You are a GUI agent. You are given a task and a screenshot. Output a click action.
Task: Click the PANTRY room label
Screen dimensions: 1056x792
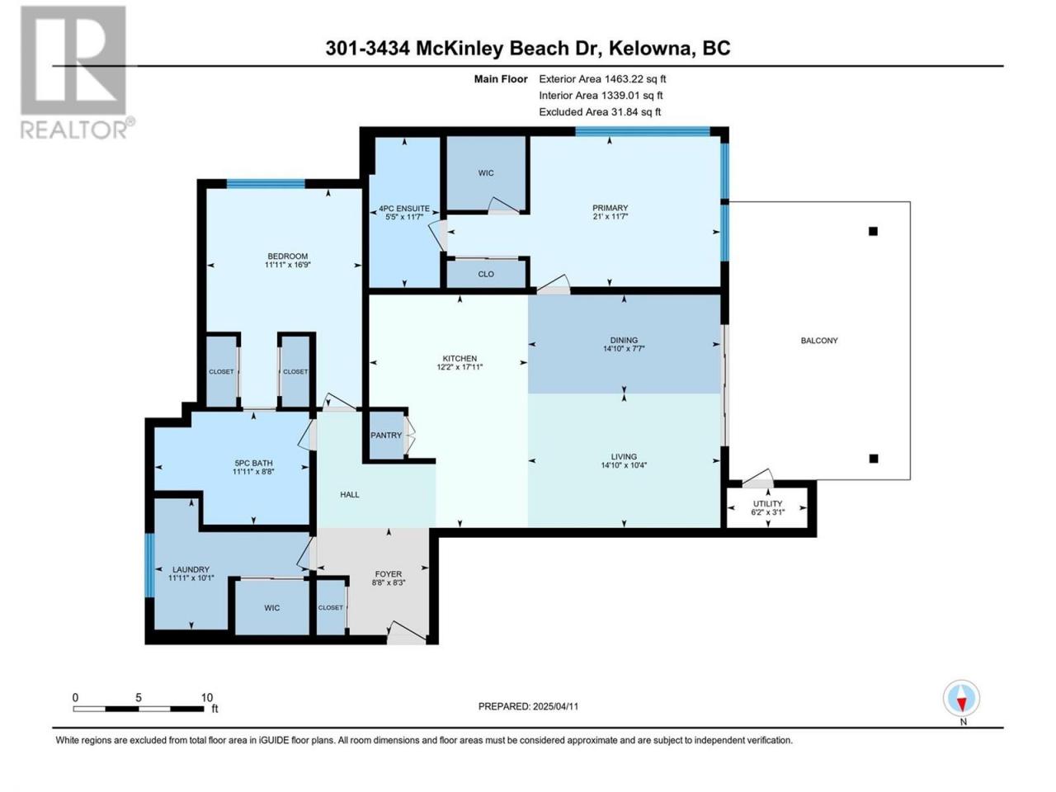tap(386, 436)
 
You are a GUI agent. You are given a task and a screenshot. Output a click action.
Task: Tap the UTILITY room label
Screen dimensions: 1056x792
tap(767, 503)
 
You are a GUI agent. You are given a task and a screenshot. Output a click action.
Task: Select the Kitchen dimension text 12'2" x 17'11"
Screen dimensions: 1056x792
tap(460, 367)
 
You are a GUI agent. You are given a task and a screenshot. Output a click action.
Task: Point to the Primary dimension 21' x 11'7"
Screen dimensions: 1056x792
tap(610, 216)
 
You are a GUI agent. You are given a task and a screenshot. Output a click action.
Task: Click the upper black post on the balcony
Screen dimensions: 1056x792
tap(873, 231)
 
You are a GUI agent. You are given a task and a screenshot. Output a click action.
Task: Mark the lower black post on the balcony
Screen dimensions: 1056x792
tap(874, 459)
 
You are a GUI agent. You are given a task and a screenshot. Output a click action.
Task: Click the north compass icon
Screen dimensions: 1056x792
tap(961, 698)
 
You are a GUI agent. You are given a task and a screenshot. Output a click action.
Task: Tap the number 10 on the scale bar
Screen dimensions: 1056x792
tap(207, 698)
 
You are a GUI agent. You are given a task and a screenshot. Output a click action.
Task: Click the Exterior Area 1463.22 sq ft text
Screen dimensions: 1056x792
tap(602, 79)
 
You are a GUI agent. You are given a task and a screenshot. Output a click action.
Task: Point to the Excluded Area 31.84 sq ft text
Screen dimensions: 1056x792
tap(600, 112)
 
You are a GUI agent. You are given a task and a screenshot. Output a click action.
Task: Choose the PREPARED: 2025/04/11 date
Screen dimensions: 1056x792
tap(528, 707)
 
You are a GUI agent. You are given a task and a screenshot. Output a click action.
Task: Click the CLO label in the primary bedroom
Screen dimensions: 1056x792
tap(486, 274)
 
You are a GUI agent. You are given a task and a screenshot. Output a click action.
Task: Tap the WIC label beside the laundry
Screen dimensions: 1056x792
tap(271, 608)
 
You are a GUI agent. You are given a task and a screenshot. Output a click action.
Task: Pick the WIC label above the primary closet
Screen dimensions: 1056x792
tap(486, 173)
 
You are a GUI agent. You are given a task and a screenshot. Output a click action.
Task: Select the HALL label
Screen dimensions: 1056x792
tap(350, 495)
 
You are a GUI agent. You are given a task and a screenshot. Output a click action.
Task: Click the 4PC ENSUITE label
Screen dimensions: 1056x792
tap(404, 209)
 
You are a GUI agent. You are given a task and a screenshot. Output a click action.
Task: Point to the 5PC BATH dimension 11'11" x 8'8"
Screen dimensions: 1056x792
tap(253, 472)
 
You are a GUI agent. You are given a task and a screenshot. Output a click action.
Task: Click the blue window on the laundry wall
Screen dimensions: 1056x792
tap(150, 566)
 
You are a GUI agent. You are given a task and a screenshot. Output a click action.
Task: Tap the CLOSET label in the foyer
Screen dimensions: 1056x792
tap(331, 608)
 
